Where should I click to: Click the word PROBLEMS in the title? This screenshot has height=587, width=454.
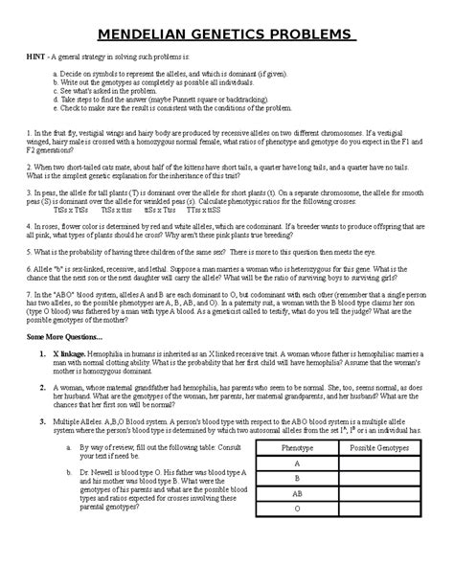[x=304, y=35]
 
